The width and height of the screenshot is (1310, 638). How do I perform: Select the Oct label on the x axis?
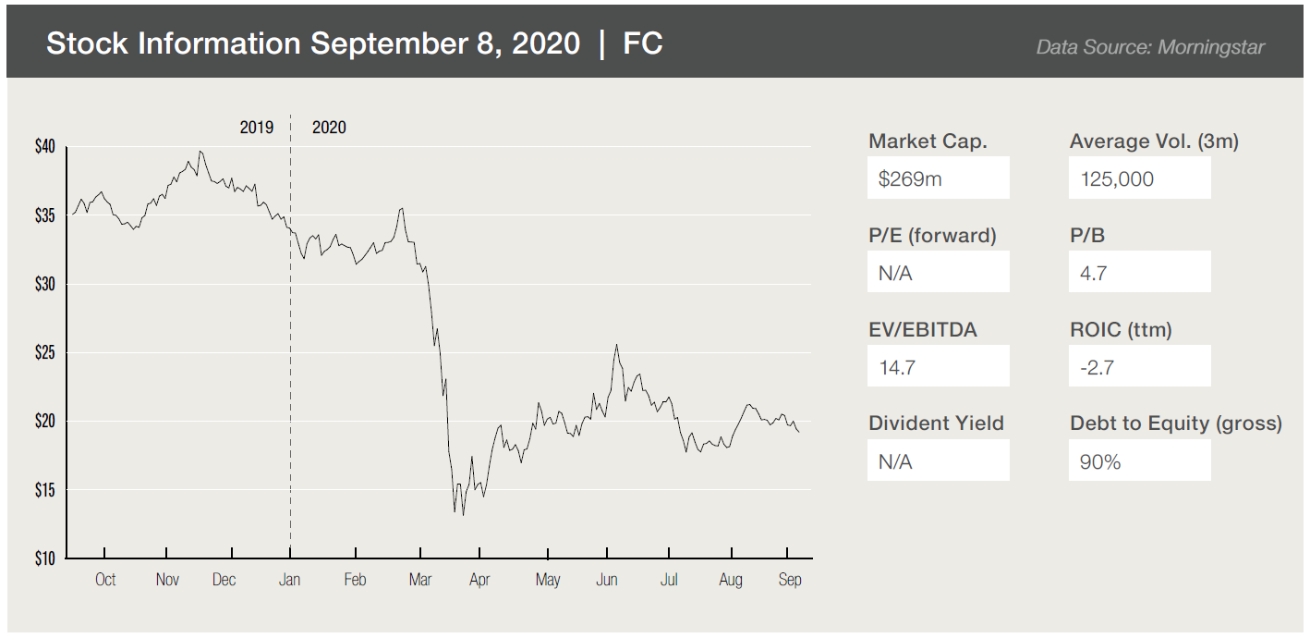pos(105,580)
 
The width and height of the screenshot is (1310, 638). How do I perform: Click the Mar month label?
pos(420,580)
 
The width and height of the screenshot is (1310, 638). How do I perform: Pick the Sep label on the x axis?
pos(790,580)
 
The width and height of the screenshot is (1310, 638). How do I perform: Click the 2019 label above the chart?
pos(256,128)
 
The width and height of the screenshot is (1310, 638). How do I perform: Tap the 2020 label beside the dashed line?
pos(329,128)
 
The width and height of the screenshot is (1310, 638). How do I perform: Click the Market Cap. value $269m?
pos(910,179)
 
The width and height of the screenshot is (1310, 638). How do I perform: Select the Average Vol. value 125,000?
pos(1117,179)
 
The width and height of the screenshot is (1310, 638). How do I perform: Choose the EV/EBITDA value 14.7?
pos(896,368)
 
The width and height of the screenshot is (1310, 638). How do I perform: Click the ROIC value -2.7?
pos(1097,368)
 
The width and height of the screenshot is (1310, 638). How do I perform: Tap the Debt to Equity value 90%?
pos(1099,462)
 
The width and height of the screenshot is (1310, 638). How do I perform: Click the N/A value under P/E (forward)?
pos(895,274)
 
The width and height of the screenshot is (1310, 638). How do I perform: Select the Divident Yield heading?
pos(936,423)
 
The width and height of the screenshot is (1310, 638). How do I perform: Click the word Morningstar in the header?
pos(1210,46)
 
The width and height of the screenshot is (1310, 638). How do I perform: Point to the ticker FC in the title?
pos(643,43)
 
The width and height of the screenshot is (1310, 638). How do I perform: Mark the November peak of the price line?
pos(200,152)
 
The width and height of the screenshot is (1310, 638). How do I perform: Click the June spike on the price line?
pos(616,345)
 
